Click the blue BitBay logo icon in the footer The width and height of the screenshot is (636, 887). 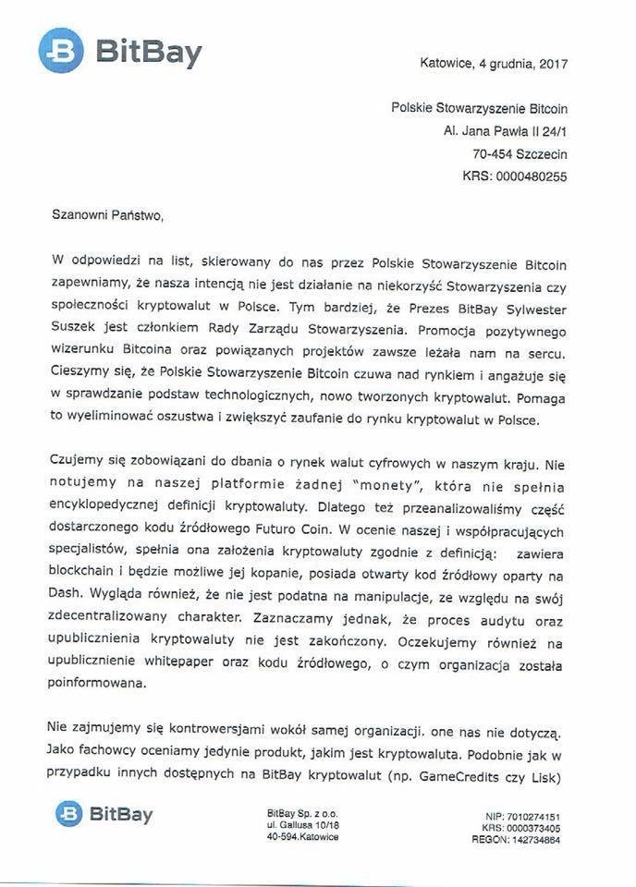point(69,814)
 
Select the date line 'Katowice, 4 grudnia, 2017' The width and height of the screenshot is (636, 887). point(494,65)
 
